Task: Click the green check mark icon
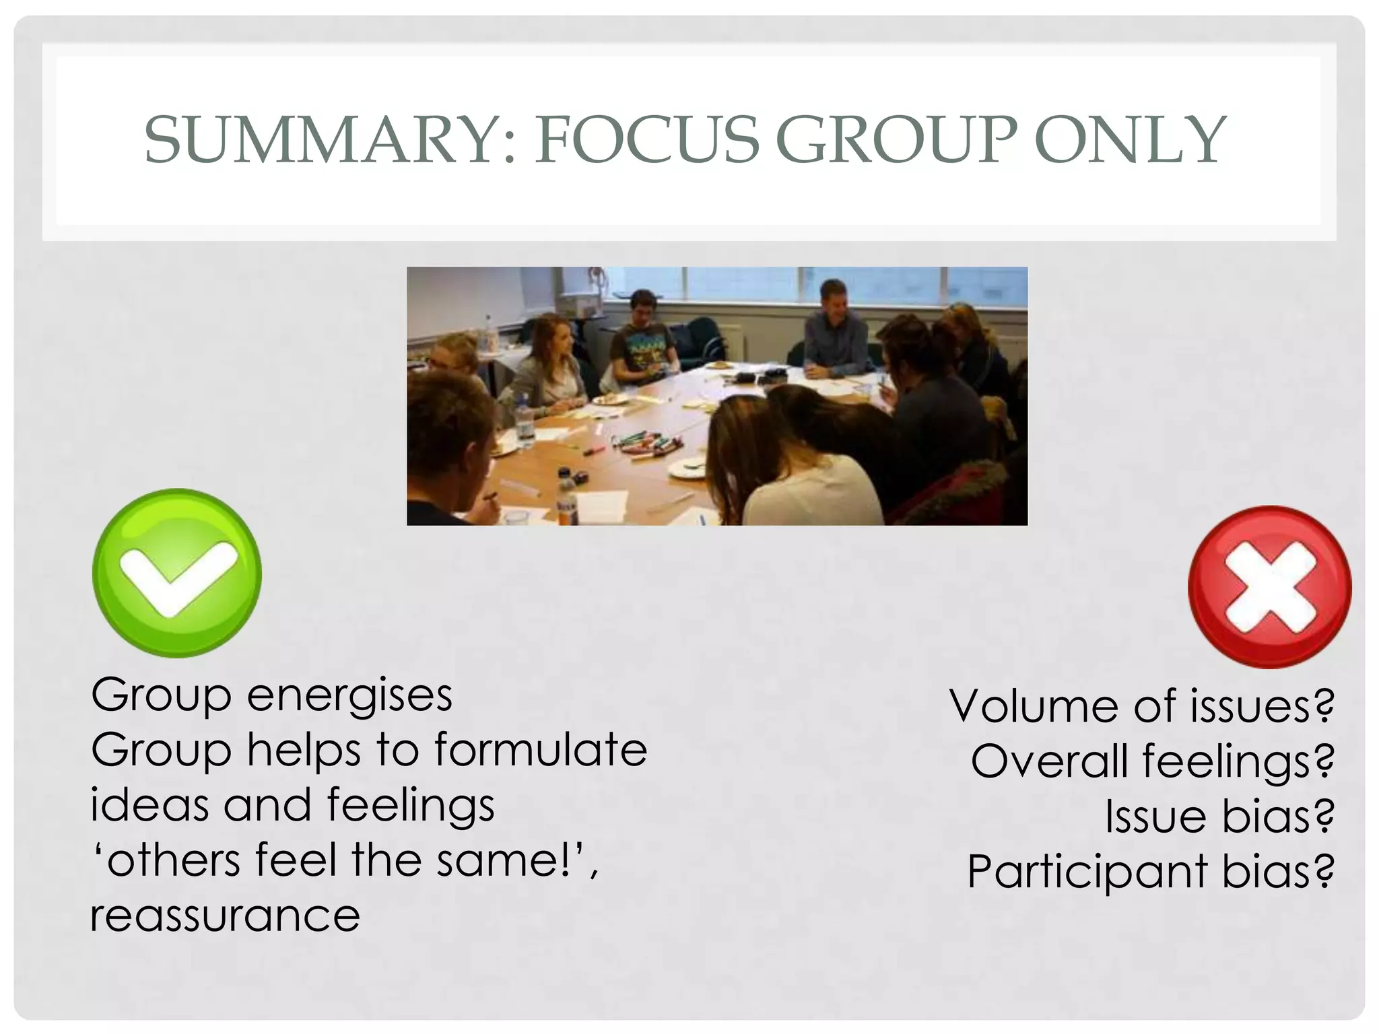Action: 176,573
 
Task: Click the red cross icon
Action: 1270,587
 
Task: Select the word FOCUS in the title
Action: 646,140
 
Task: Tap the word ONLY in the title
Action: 1131,140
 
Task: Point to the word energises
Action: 349,696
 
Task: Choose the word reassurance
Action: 225,916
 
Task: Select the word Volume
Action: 1034,706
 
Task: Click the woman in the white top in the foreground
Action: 801,471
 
